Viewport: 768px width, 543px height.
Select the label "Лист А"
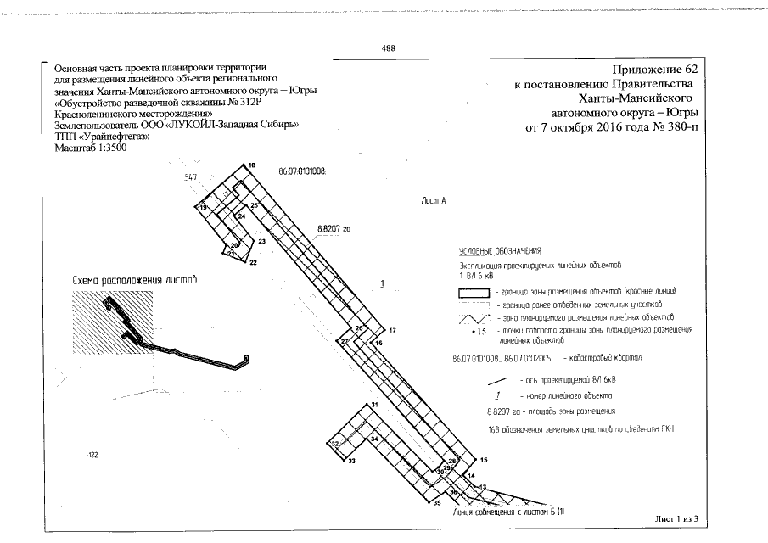point(433,200)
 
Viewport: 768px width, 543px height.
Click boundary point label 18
point(252,165)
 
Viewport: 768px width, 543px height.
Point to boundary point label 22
point(253,263)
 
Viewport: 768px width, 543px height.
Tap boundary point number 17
point(392,329)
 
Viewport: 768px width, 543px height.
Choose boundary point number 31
point(373,406)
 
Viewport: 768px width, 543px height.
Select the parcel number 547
point(190,178)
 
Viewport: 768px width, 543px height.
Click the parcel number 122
point(93,456)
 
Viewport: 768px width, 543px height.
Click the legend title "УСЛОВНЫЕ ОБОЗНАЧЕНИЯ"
point(500,253)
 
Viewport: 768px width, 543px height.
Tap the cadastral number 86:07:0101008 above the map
point(302,171)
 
